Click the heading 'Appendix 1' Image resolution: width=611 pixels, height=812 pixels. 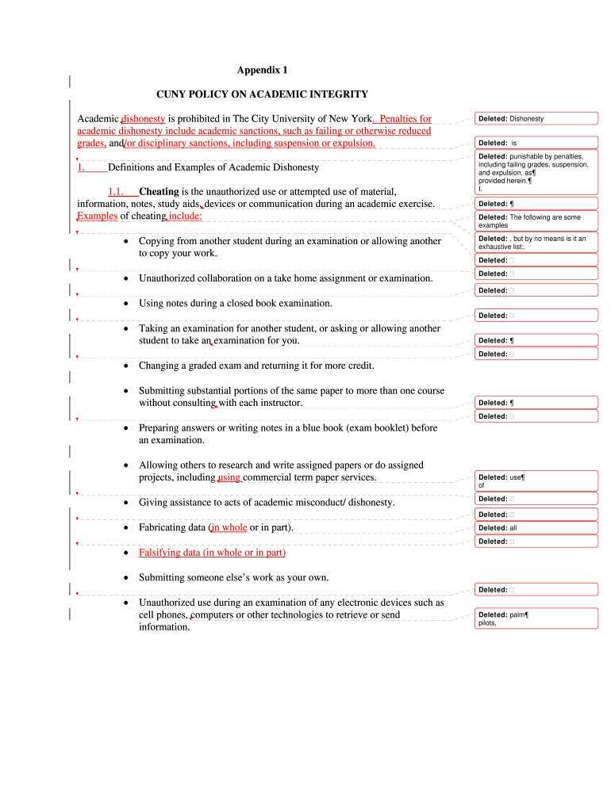point(263,70)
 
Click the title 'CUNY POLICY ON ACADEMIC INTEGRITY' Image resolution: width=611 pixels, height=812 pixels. point(262,94)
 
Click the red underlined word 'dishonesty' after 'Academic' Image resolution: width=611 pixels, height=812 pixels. point(143,119)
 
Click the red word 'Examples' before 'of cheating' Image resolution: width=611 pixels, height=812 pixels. point(97,216)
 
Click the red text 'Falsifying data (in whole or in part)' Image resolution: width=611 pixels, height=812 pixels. point(212,553)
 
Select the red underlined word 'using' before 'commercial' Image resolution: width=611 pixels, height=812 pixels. point(229,478)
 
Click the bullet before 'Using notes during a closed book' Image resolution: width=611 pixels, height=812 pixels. point(127,304)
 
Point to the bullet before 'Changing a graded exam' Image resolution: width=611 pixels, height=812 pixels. point(127,366)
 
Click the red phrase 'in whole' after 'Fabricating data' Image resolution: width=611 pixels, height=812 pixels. point(229,528)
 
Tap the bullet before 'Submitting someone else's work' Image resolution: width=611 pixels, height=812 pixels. point(127,577)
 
